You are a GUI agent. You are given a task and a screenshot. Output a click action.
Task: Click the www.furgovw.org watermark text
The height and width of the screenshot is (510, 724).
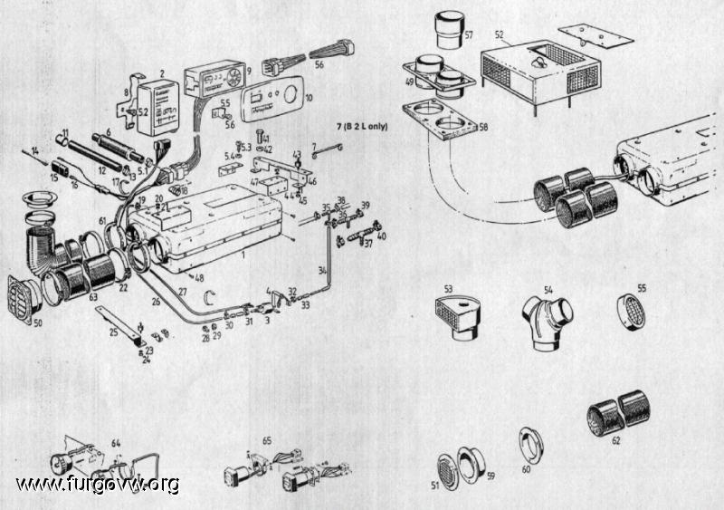(x=98, y=485)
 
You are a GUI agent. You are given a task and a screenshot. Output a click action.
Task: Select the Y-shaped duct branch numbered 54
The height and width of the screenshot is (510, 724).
(x=548, y=317)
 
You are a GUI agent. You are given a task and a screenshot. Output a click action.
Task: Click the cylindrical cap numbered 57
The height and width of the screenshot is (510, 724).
(x=447, y=33)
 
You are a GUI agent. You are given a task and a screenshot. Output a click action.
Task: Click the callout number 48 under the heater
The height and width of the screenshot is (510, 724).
(x=198, y=278)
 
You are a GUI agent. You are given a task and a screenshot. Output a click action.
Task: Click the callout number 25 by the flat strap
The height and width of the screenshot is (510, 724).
(x=113, y=332)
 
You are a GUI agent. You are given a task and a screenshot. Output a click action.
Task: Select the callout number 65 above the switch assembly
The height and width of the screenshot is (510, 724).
(x=267, y=440)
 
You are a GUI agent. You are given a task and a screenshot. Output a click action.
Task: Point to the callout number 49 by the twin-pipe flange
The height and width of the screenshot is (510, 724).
(x=410, y=81)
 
